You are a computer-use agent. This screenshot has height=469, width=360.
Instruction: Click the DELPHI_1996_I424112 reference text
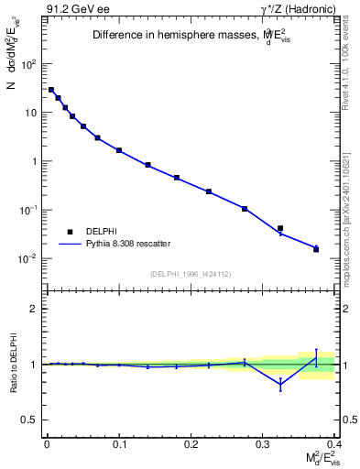[191, 274]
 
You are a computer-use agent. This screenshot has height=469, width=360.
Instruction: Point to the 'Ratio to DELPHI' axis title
[13, 363]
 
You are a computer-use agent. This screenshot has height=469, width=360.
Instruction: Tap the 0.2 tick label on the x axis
[191, 445]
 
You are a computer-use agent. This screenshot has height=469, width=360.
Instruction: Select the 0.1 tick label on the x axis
[119, 445]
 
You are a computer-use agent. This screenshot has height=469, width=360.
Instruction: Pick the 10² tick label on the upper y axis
[29, 64]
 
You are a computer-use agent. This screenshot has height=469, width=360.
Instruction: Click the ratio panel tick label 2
[33, 309]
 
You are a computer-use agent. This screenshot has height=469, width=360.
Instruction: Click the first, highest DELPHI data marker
[51, 90]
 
